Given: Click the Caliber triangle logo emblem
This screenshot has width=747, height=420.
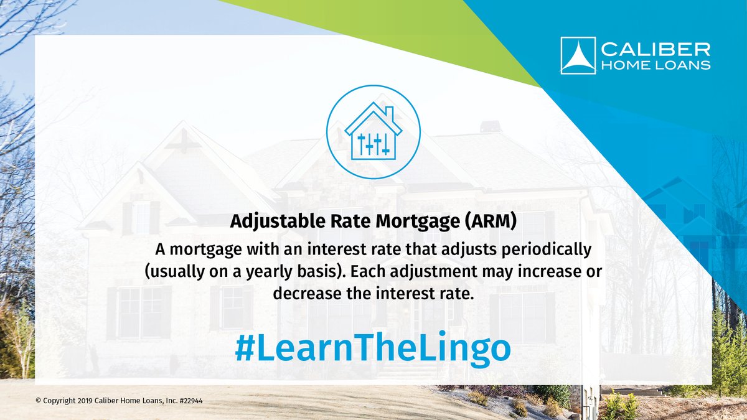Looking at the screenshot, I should [x=578, y=55].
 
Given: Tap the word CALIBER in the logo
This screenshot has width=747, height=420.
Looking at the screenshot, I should [x=655, y=49].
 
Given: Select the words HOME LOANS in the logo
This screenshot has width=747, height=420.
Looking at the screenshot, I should [x=655, y=65].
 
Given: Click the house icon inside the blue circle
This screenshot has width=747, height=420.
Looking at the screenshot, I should [x=373, y=133].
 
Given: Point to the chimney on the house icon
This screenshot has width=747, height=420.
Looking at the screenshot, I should [x=389, y=115].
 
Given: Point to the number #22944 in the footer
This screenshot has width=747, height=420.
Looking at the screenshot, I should [x=189, y=401].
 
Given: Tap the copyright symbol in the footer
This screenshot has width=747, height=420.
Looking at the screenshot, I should [x=37, y=401].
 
